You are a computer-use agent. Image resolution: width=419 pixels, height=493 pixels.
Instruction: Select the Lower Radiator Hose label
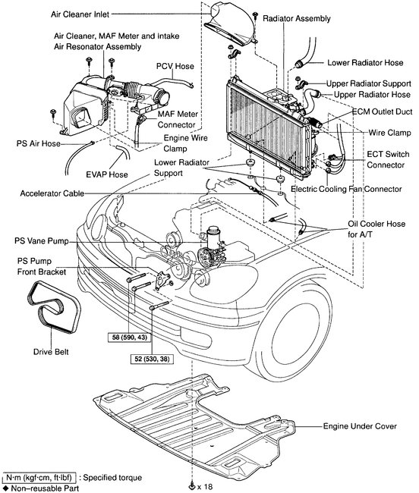364,63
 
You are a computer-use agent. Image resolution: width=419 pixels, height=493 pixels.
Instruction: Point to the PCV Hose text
175,66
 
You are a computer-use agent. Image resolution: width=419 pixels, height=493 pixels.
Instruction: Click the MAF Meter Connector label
178,118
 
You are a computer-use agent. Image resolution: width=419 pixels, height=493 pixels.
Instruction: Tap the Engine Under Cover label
361,427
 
